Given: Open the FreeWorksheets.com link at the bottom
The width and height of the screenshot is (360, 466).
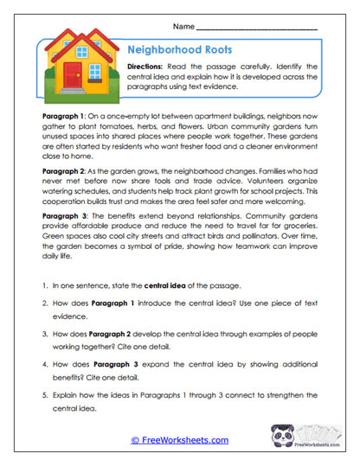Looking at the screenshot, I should pyautogui.click(x=180, y=440).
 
